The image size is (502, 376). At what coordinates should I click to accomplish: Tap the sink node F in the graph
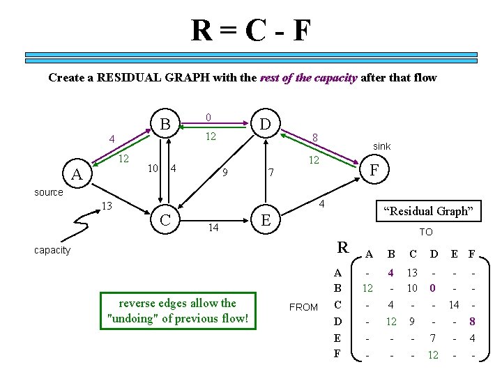click(374, 169)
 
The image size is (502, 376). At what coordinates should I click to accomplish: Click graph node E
click(265, 219)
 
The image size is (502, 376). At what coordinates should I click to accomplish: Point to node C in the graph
click(165, 219)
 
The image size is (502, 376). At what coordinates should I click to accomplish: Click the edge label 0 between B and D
click(208, 117)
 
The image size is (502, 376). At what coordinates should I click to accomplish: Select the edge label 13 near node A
click(107, 206)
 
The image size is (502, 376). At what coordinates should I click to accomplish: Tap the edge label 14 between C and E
click(214, 228)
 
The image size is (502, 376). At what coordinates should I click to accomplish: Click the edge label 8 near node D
click(315, 138)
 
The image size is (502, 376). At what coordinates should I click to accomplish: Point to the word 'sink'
click(381, 146)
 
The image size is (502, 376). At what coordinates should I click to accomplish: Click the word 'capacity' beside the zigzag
click(52, 250)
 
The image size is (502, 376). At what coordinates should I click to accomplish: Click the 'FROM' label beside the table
click(303, 307)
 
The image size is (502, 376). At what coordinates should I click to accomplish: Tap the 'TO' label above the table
click(425, 232)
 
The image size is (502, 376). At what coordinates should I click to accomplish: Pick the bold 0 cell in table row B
click(432, 288)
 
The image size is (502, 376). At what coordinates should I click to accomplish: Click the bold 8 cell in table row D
click(472, 322)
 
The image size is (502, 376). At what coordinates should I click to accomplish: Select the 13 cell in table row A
click(412, 273)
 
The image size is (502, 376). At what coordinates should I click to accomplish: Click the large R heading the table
click(343, 247)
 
